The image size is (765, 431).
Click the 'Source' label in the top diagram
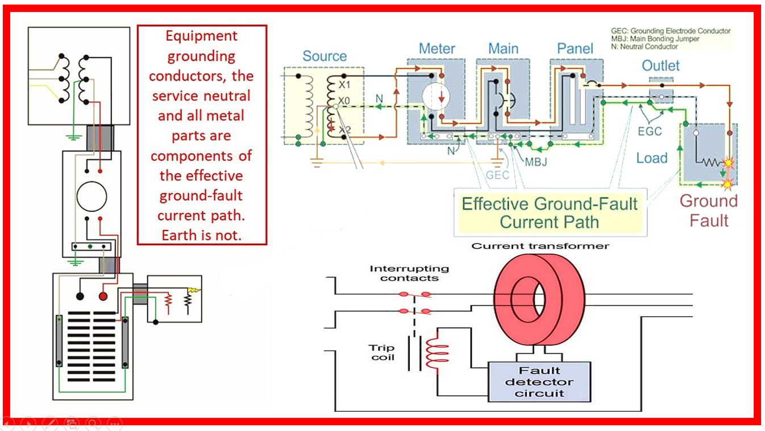point(324,56)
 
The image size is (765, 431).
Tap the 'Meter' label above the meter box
point(436,49)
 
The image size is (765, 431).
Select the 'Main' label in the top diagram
point(503,49)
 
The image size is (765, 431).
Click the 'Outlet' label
point(660,65)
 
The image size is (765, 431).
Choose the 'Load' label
point(651,158)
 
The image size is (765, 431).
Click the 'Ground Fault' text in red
point(708,210)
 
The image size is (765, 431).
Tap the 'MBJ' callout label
point(535,161)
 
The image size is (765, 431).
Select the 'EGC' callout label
point(650,131)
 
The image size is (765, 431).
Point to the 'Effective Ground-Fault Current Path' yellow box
point(549,212)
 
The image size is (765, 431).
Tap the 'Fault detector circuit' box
point(539,382)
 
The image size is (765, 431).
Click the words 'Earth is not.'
point(202,235)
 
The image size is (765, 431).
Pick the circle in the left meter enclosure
point(92,197)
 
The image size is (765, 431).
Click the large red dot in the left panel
point(103,296)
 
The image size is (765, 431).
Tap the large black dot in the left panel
point(80,296)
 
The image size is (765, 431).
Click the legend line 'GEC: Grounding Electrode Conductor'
point(670,31)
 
